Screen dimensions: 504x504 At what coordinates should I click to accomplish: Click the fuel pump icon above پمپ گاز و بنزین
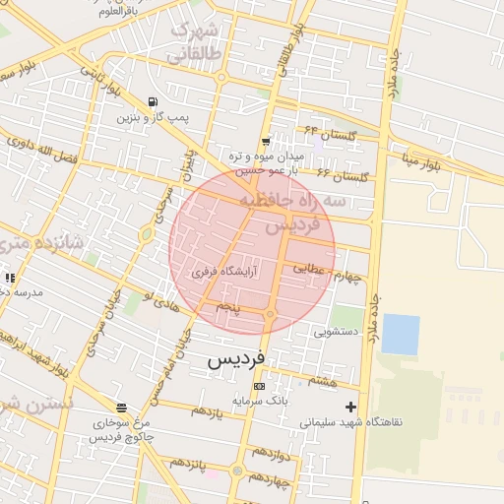152,101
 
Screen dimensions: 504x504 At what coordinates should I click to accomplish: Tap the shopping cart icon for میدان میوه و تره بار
266,142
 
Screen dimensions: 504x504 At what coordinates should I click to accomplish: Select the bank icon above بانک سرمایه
258,386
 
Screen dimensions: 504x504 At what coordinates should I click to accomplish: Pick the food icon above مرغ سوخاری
120,408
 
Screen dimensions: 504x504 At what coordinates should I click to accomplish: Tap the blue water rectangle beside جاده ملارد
400,334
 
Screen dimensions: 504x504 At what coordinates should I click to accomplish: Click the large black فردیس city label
237,360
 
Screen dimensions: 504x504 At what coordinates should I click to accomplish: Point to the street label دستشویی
335,332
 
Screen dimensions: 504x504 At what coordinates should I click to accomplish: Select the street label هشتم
322,380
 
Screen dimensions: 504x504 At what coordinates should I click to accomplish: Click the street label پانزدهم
190,462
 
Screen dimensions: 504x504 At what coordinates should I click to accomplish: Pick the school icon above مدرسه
10,279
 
